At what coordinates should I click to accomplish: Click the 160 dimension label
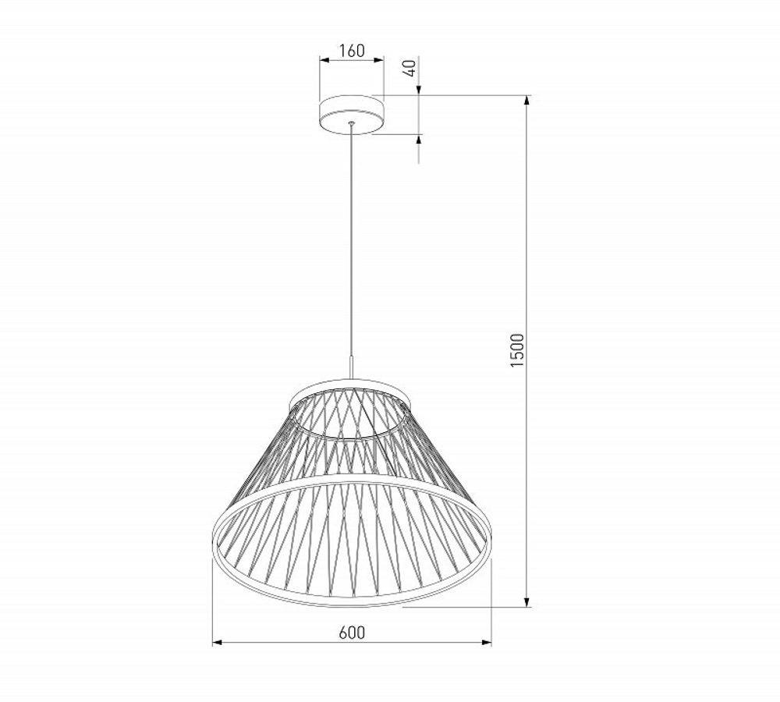(x=352, y=51)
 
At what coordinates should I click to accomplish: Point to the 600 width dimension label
(x=352, y=633)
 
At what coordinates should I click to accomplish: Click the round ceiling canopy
(x=352, y=113)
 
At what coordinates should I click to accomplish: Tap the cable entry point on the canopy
(x=352, y=123)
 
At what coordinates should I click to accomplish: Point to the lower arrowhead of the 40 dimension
(x=419, y=140)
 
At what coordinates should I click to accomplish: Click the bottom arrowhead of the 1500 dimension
(x=528, y=601)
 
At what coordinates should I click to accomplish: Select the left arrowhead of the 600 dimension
(x=218, y=643)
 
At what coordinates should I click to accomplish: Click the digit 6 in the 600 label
(x=343, y=633)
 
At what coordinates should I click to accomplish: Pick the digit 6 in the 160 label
(x=351, y=51)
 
